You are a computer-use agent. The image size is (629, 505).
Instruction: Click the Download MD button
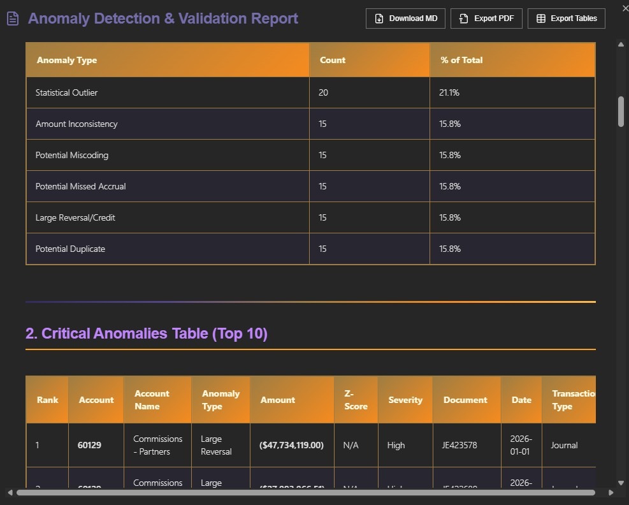point(406,18)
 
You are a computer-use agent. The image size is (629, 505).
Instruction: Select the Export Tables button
point(566,18)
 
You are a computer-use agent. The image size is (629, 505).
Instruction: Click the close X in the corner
point(625,8)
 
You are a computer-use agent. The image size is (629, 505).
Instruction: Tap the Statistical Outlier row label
point(66,92)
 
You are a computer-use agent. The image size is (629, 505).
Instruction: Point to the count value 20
point(323,92)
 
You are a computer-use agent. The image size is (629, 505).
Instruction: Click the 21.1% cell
point(449,92)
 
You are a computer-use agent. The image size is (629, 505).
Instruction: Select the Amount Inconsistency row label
point(76,124)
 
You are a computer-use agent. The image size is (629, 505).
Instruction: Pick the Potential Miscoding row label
point(72,155)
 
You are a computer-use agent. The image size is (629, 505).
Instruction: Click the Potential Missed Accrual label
point(80,186)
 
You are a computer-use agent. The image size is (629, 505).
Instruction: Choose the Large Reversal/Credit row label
point(75,217)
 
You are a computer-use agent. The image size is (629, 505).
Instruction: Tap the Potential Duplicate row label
point(70,249)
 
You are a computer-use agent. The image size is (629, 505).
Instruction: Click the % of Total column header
point(461,60)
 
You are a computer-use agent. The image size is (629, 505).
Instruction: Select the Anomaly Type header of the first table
point(67,60)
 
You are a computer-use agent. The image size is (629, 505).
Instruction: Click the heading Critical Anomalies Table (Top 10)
point(146,333)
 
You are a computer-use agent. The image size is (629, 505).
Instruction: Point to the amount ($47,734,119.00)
point(291,445)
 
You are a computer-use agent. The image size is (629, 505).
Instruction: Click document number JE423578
point(459,445)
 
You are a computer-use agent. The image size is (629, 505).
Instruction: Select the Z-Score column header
point(356,400)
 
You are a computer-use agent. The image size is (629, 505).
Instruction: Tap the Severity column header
point(405,400)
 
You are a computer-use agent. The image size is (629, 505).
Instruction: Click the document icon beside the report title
point(13,18)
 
